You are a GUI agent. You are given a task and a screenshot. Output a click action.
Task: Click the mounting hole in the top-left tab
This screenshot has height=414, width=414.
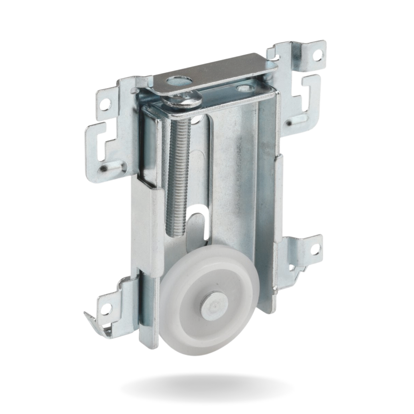click(x=107, y=103)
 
